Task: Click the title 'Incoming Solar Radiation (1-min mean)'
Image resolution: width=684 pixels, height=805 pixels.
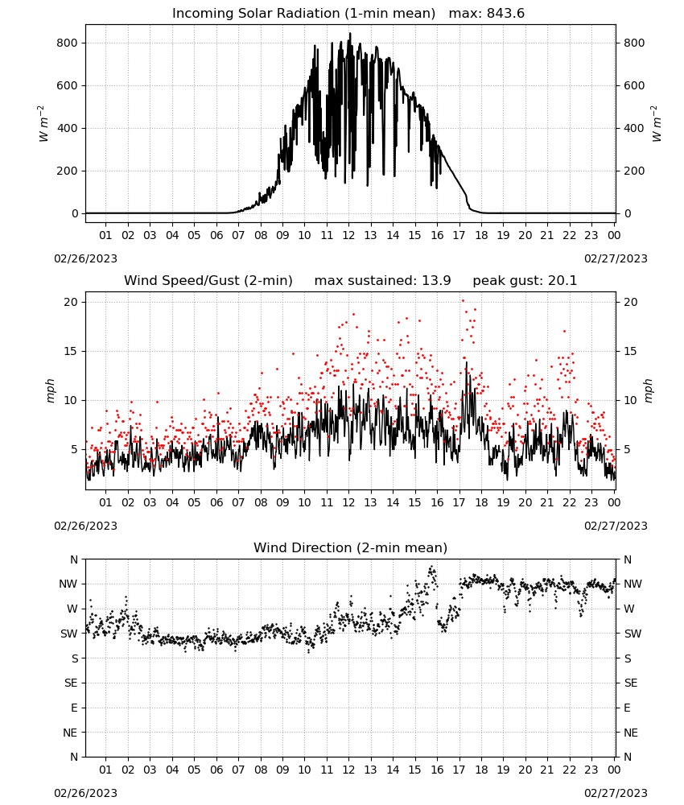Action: pos(303,14)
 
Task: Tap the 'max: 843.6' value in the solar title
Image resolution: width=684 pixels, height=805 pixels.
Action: pos(487,14)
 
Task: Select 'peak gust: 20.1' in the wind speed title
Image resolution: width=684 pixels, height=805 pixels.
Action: pos(525,281)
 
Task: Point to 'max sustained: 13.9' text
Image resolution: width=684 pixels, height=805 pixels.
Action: pos(382,281)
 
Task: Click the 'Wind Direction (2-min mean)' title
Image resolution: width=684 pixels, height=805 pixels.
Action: pos(351,547)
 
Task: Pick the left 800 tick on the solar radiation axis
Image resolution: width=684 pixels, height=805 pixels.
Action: pos(68,43)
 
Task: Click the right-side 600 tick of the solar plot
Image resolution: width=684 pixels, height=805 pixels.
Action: pos(634,86)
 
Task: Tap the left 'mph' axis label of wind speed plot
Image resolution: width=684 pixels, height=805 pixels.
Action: pos(50,390)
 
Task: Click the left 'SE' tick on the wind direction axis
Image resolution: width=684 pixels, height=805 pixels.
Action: pos(71,683)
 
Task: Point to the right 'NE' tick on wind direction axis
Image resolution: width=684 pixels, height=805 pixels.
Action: pos(631,733)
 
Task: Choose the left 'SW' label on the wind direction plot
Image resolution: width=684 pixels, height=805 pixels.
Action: pos(69,634)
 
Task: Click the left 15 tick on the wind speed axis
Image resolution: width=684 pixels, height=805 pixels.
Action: pos(71,352)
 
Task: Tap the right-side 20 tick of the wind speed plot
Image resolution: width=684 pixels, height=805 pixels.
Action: pos(631,303)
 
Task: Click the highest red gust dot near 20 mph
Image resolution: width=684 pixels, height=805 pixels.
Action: pos(463,301)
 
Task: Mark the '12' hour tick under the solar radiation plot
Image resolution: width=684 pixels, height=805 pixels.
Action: pos(348,235)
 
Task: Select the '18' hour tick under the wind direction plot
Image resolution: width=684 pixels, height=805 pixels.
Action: pos(481,770)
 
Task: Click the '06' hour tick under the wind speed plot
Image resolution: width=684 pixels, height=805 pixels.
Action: pos(216,502)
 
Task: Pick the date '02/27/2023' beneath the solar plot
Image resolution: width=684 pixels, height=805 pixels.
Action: pos(616,258)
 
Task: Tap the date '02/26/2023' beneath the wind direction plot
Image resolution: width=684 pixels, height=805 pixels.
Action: pos(85,793)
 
